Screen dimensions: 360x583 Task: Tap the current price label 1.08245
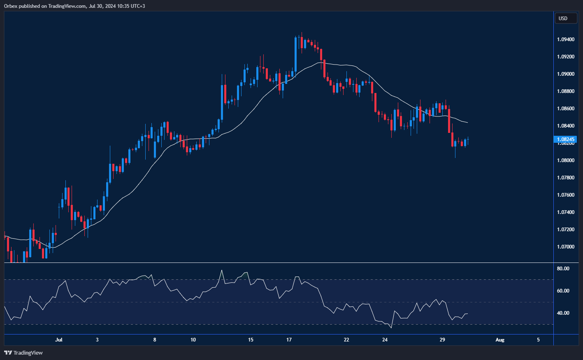(566, 139)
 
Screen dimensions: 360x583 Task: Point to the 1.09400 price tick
(566, 39)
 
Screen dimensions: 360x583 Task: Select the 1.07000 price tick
(566, 247)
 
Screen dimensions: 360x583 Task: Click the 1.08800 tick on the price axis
(566, 91)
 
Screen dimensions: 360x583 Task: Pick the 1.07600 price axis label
(566, 195)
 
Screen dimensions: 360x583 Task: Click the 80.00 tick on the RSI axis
(563, 269)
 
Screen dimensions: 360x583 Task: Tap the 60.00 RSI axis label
(563, 291)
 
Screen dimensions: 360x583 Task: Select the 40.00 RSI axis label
(563, 313)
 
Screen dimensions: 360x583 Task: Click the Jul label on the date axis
(59, 340)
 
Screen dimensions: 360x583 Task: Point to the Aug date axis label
(499, 340)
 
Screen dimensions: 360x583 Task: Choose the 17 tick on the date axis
(289, 340)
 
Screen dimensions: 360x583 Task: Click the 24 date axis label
(385, 340)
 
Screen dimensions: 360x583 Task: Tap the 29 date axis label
(442, 340)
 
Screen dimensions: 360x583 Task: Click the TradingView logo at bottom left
(23, 353)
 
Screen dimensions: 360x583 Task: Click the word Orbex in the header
(11, 6)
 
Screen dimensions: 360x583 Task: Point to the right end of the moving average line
(467, 123)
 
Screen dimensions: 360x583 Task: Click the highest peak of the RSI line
(222, 270)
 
